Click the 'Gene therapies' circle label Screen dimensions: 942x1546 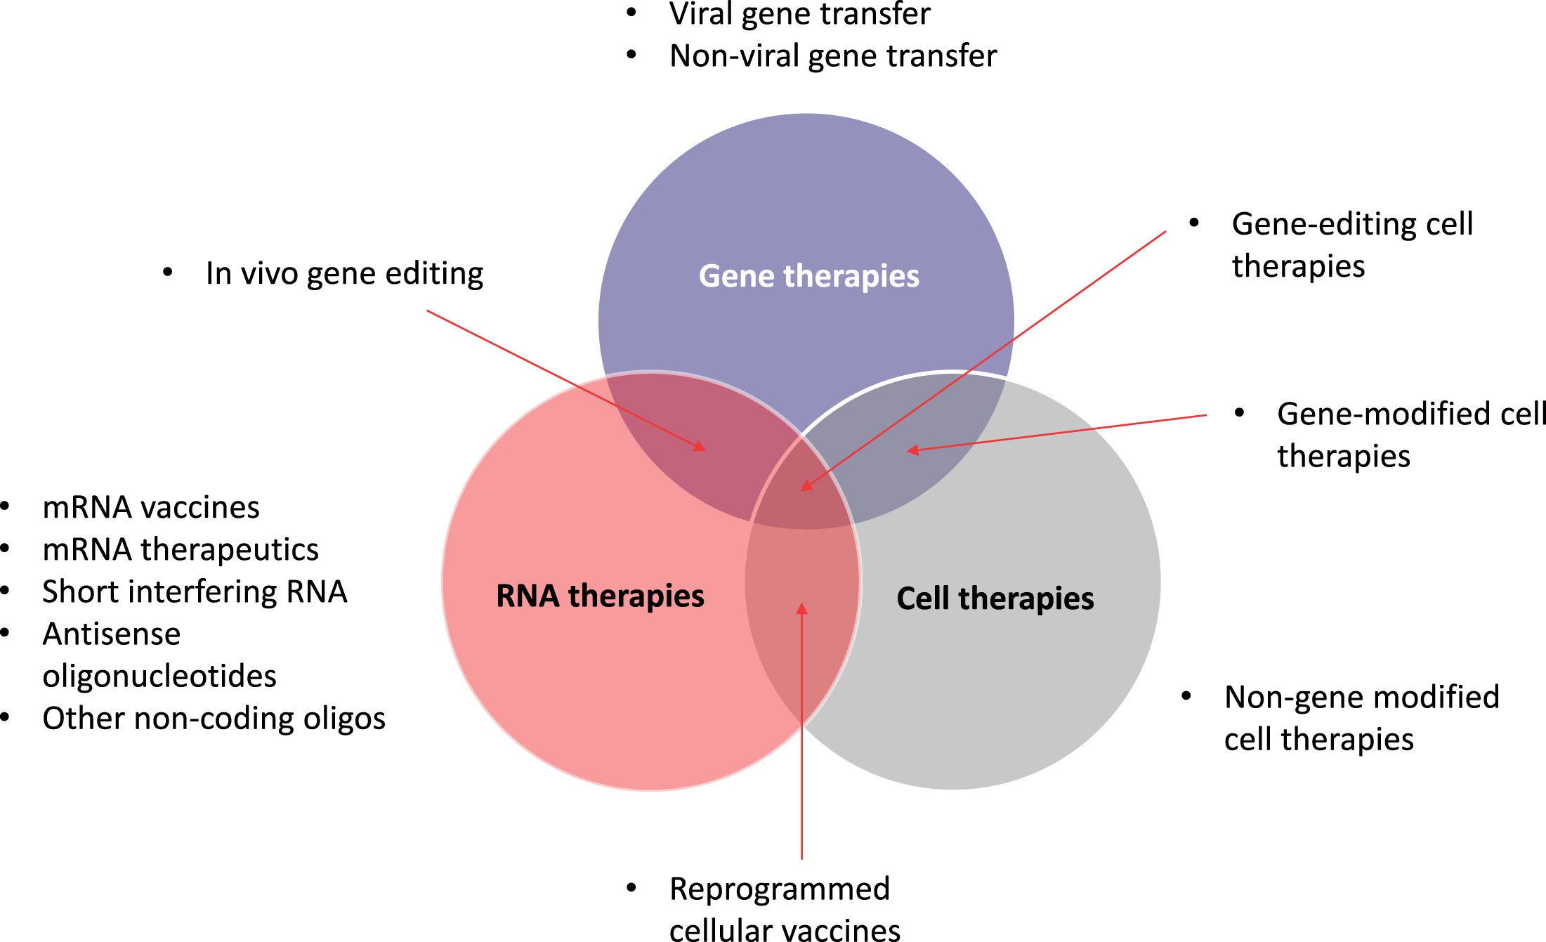tap(808, 276)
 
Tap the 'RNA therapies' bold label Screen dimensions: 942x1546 tap(600, 596)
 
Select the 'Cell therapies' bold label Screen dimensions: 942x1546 tap(995, 598)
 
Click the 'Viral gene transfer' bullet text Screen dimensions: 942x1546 tap(799, 14)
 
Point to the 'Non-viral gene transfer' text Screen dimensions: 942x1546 tap(833, 56)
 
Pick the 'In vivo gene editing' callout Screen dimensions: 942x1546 tap(344, 273)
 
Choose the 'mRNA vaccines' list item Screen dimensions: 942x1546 tap(150, 507)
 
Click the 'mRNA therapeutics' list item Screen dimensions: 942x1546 tap(180, 549)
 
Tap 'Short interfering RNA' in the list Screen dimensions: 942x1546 tap(195, 591)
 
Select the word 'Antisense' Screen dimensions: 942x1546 tap(112, 634)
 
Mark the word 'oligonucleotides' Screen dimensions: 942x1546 tap(159, 676)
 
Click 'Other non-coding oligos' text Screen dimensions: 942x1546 tap(214, 718)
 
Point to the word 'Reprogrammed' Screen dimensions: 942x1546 tap(780, 889)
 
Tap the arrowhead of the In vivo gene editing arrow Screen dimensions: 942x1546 tap(700, 447)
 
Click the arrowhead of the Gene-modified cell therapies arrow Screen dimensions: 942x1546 tap(912, 450)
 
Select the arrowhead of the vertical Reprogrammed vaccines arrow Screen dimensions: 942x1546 tap(801, 608)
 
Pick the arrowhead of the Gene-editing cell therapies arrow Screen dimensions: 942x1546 tap(806, 486)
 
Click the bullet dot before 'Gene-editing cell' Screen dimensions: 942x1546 tap(1193, 223)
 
